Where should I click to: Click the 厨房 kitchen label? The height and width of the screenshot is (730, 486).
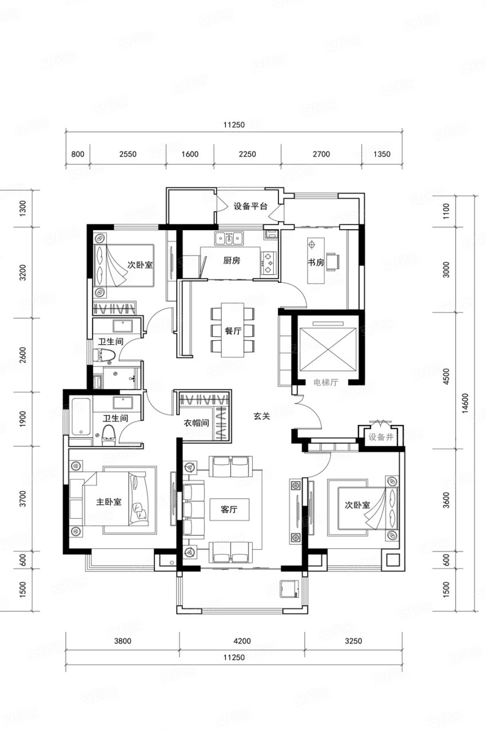(x=232, y=261)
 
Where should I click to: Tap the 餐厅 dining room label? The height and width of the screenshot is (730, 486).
(x=233, y=331)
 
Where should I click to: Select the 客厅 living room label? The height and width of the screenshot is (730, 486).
(x=229, y=509)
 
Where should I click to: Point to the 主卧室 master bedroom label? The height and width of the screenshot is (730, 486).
(x=109, y=502)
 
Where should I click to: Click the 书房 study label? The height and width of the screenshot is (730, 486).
(x=316, y=262)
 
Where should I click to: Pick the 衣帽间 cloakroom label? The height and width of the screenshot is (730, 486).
(x=196, y=423)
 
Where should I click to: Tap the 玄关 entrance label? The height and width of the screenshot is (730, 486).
(x=262, y=416)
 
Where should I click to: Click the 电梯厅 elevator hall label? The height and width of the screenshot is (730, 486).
(x=326, y=382)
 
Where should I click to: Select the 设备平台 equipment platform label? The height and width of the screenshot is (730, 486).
(x=250, y=206)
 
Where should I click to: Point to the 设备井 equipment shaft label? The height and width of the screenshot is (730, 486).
(x=381, y=437)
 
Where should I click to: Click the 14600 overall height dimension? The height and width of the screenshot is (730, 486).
(x=465, y=404)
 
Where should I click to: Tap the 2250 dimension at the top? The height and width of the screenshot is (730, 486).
(x=248, y=154)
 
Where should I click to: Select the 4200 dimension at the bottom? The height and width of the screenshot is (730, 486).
(x=242, y=641)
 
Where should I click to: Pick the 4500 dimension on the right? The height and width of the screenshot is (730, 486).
(x=447, y=376)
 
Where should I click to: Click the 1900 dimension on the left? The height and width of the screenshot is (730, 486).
(x=22, y=419)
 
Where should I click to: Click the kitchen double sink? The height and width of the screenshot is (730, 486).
(x=229, y=238)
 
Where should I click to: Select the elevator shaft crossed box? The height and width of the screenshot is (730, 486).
(x=328, y=349)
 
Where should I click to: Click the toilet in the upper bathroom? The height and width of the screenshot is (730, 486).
(x=104, y=354)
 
